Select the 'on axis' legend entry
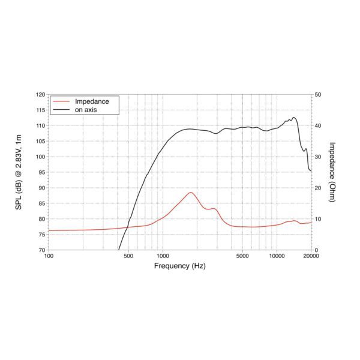(85, 110)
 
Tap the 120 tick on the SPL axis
(40, 95)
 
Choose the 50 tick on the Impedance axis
(318, 95)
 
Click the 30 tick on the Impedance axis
(318, 157)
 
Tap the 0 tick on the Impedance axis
(316, 250)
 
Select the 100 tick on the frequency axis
(49, 256)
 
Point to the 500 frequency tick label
(128, 256)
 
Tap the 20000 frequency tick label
(310, 256)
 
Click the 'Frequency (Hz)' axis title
(179, 265)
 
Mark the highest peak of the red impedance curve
(191, 192)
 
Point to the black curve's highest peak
(294, 117)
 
